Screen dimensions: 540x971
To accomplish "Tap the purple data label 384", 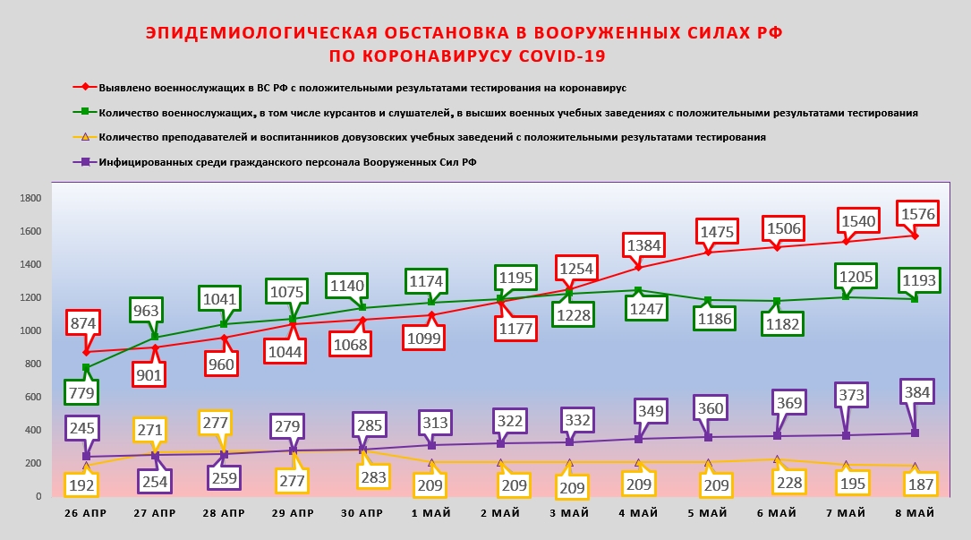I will point(917,391).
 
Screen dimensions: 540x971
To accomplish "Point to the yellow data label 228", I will point(779,484).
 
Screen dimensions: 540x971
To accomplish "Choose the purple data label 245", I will point(82,428).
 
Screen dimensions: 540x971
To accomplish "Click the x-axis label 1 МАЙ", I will point(431,513).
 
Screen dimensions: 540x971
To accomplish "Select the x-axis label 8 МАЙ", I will point(914,513).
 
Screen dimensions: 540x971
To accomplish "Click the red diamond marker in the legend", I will point(85,88).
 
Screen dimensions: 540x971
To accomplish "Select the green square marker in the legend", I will point(85,112).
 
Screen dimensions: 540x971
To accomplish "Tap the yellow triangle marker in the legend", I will point(85,137).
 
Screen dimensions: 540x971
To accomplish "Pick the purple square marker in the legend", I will point(85,162).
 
